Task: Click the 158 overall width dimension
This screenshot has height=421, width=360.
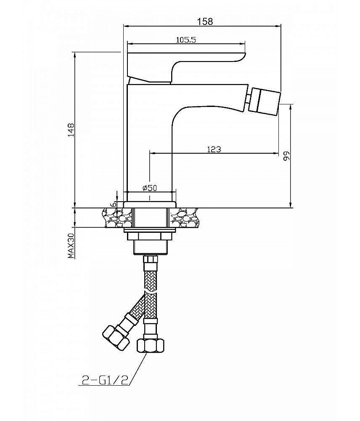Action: tap(205, 21)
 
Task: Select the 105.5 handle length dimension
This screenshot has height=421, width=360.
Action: tap(186, 40)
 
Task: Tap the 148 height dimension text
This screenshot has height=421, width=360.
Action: tap(71, 130)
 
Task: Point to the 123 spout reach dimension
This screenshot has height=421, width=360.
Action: tap(214, 149)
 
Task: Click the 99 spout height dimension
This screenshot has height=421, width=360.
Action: tap(286, 156)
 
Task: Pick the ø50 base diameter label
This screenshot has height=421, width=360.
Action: tap(150, 188)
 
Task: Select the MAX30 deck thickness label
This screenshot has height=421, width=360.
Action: tap(71, 246)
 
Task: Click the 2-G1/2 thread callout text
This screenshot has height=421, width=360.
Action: tap(105, 380)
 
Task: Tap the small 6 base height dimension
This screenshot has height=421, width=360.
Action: tap(114, 204)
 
